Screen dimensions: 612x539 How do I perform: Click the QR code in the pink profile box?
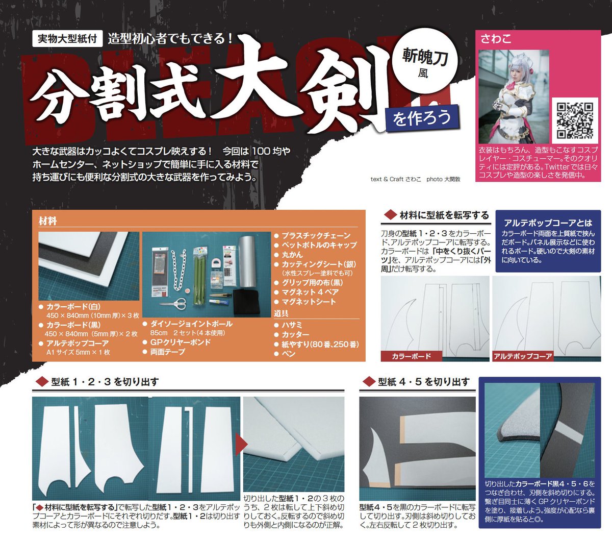pos(575,120)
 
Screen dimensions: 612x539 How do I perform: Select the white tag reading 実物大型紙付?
pos(67,39)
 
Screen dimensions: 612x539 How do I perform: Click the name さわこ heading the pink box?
pos(496,39)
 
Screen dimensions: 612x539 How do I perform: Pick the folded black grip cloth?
pos(246,302)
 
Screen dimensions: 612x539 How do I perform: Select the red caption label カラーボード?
pos(411,356)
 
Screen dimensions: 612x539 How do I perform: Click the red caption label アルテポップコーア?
pos(523,356)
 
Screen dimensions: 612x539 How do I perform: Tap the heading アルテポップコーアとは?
pos(548,223)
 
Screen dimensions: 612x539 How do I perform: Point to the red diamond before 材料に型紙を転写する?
pos(390,215)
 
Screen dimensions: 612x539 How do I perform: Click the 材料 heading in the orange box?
pos(48,221)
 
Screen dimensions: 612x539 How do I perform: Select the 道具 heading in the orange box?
pos(281,313)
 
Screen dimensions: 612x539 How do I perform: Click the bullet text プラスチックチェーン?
pos(316,235)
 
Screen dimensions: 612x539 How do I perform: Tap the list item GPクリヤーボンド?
pos(181,342)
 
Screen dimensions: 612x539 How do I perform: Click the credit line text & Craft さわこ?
pos(396,179)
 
